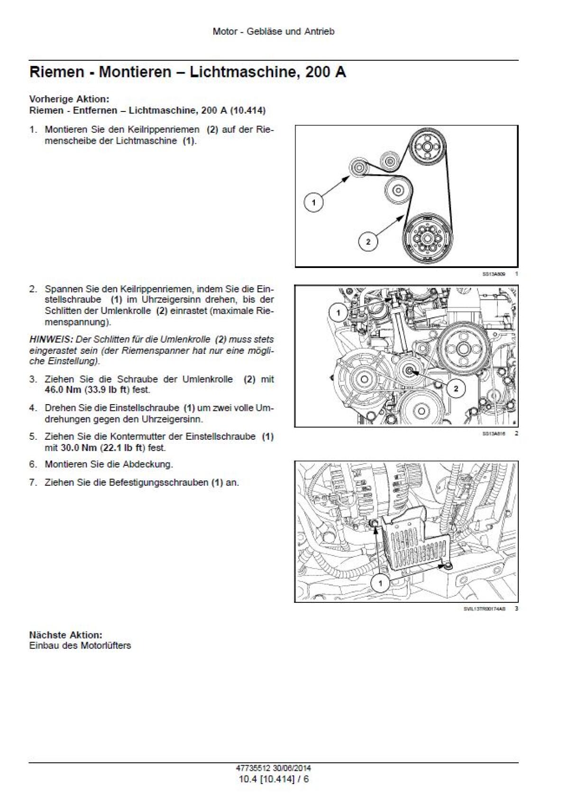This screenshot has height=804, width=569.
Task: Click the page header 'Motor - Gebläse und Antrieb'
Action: (274, 32)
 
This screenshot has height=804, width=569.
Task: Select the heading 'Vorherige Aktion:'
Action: (69, 99)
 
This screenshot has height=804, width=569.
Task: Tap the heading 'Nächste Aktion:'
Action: (65, 635)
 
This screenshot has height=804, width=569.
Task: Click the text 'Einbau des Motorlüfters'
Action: (80, 646)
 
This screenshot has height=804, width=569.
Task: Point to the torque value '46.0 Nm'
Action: (63, 390)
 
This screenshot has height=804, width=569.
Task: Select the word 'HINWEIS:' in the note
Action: (49, 340)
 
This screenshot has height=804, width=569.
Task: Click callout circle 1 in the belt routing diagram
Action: (313, 203)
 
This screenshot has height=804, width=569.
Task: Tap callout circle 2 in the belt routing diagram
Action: (368, 242)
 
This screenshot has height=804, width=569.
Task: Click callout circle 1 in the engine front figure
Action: (338, 313)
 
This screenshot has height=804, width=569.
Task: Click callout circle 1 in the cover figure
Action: (380, 583)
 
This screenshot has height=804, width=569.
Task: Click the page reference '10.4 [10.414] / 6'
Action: (274, 779)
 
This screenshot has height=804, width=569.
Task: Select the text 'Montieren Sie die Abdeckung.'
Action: (109, 464)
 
